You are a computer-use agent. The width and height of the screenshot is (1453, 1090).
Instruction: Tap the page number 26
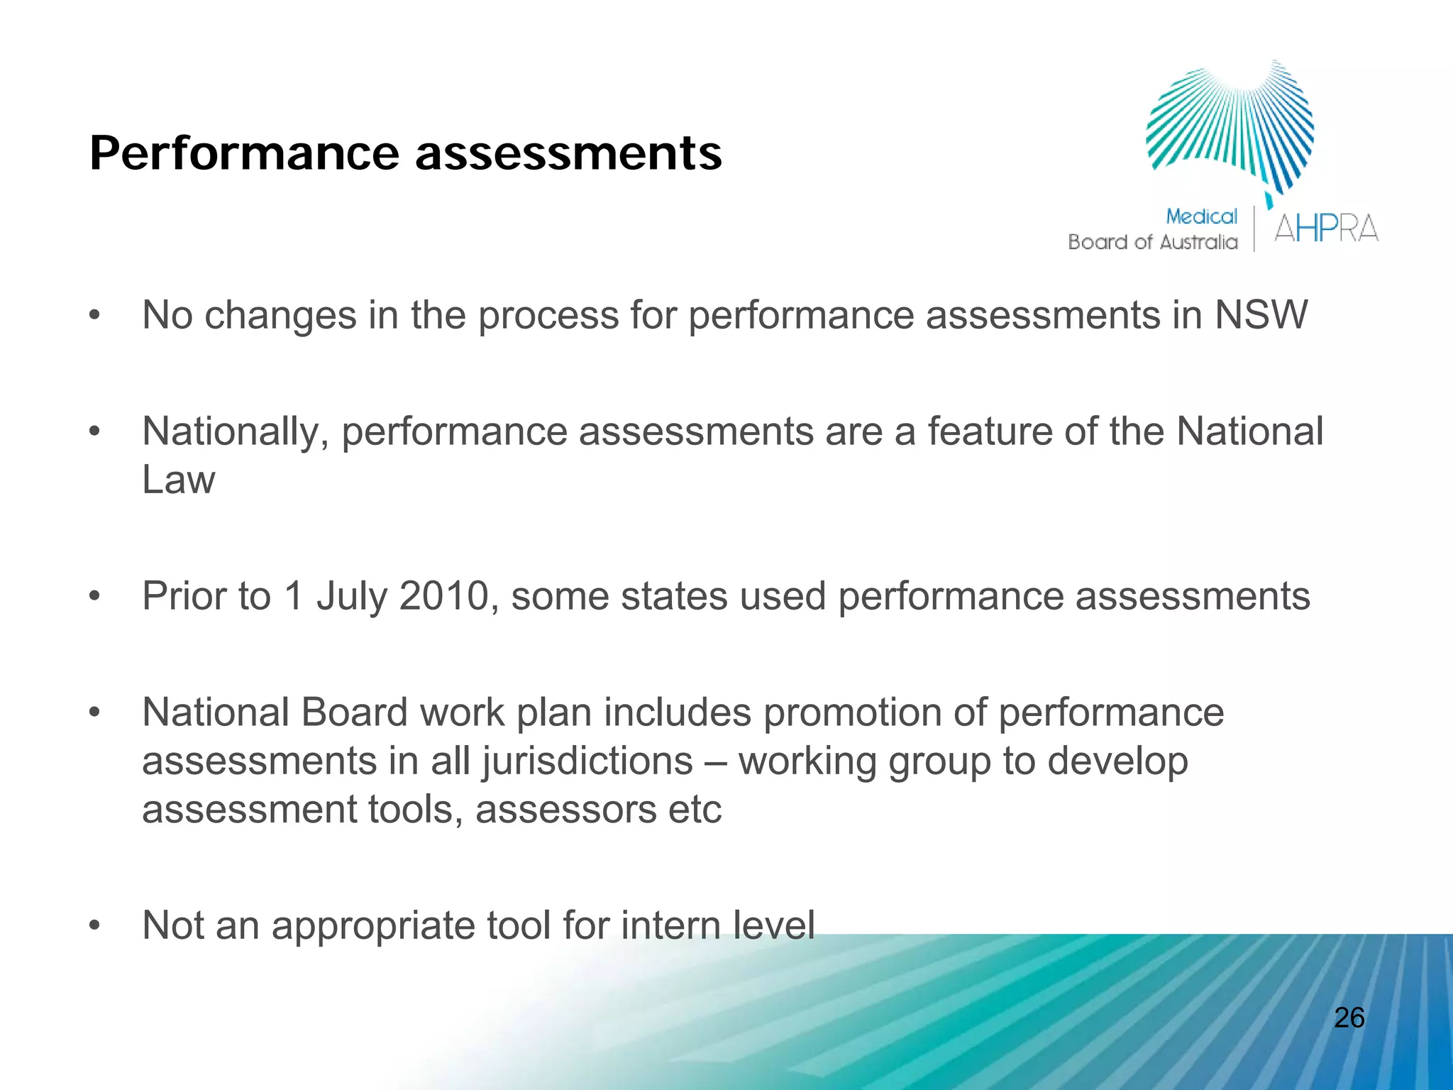tap(1349, 1018)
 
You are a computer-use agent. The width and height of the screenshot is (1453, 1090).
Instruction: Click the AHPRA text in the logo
tap(1325, 229)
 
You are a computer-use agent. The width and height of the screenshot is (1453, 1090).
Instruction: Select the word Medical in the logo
tap(1201, 216)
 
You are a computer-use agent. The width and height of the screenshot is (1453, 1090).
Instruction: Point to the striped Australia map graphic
tap(1231, 128)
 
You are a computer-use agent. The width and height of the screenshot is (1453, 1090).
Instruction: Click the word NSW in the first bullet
tap(1261, 315)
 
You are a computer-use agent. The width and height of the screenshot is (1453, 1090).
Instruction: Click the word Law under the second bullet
tap(178, 480)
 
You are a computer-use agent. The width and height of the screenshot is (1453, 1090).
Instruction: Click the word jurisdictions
tap(587, 761)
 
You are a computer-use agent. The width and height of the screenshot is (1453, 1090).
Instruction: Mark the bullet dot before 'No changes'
tap(94, 316)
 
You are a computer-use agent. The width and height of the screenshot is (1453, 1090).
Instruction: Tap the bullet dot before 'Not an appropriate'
tap(94, 926)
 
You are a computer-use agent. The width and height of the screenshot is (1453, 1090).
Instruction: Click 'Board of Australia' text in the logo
tap(1152, 243)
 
